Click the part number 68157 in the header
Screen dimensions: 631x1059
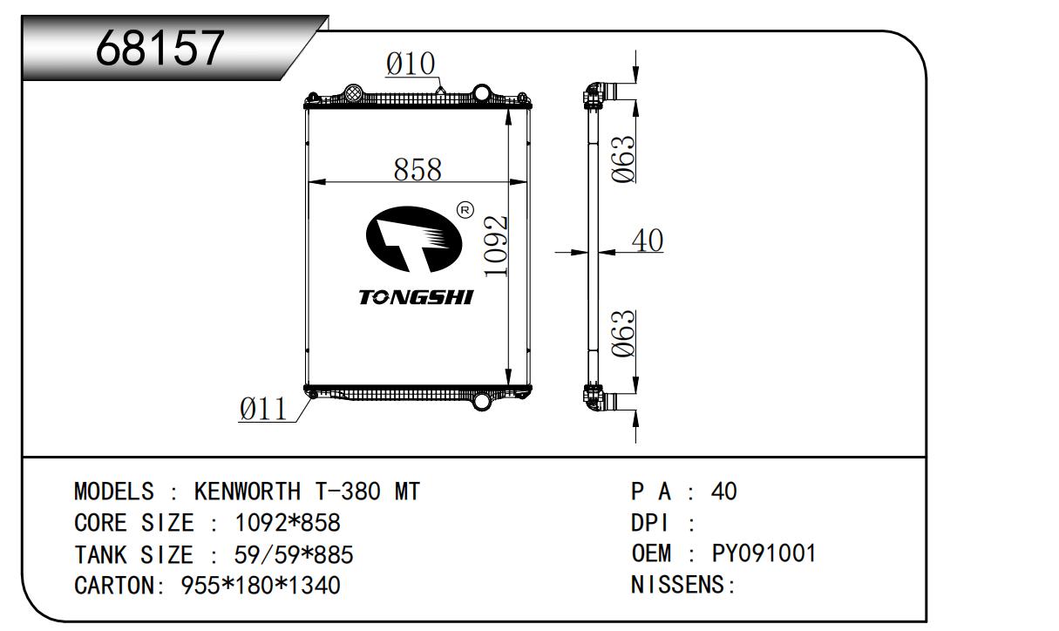pyautogui.click(x=160, y=48)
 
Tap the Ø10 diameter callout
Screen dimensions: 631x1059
pyautogui.click(x=411, y=64)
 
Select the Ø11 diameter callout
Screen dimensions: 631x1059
pyautogui.click(x=263, y=409)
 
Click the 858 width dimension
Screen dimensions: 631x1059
pyautogui.click(x=417, y=169)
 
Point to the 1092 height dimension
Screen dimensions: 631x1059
pyautogui.click(x=495, y=247)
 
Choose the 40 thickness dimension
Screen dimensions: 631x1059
pyautogui.click(x=647, y=241)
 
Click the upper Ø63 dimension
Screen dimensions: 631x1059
pyautogui.click(x=622, y=158)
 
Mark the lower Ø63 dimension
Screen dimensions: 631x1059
pyautogui.click(x=622, y=335)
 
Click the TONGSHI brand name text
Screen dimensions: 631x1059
pyautogui.click(x=415, y=298)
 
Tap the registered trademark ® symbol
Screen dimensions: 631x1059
pyautogui.click(x=465, y=210)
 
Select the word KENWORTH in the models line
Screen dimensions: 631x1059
pyautogui.click(x=243, y=492)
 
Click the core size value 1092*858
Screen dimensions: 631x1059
pyautogui.click(x=288, y=523)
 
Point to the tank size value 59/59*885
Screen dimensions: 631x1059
pyautogui.click(x=294, y=554)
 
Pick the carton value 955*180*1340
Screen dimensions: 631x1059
pyautogui.click(x=260, y=585)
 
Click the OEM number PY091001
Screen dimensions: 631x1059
pyautogui.click(x=764, y=553)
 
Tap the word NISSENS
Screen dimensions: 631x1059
pyautogui.click(x=678, y=585)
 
